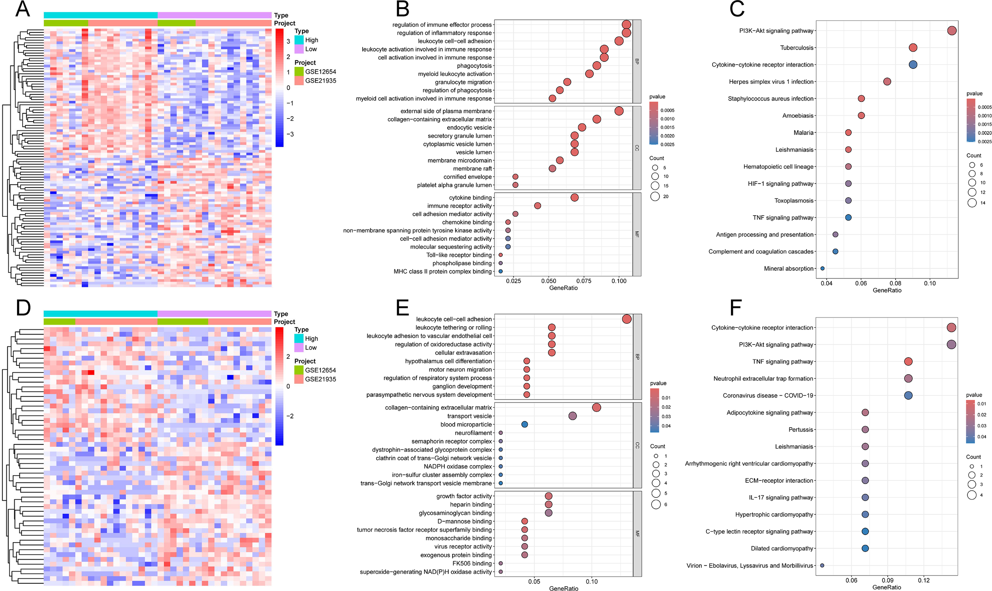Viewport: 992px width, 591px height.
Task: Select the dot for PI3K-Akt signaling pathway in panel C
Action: click(x=952, y=31)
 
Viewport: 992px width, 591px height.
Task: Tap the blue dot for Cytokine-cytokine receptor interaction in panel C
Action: click(x=913, y=65)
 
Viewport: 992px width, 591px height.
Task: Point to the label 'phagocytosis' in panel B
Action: click(x=474, y=66)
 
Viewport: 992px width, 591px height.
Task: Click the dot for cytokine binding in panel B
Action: click(x=574, y=197)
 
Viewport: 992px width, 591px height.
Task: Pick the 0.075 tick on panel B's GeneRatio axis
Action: click(x=584, y=281)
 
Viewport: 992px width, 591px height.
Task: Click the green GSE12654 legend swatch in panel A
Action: click(x=299, y=72)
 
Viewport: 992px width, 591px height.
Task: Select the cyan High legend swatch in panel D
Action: click(x=299, y=339)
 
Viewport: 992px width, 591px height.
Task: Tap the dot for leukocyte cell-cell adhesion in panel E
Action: click(x=627, y=319)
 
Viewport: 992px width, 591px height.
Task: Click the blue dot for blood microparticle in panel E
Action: click(x=525, y=425)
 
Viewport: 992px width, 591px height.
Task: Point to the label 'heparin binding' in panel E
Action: click(x=471, y=505)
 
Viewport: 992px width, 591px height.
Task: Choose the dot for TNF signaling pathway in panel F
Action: click(x=908, y=361)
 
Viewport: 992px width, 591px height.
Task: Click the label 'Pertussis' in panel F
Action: click(x=801, y=430)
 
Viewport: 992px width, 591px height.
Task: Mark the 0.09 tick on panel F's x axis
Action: click(x=888, y=580)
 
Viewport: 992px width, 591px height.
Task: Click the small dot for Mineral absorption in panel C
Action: click(x=823, y=268)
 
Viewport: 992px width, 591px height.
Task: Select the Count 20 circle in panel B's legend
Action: click(x=655, y=196)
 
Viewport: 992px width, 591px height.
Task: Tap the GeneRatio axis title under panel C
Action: click(x=887, y=290)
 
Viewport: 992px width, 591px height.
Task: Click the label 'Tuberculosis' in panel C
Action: click(x=796, y=48)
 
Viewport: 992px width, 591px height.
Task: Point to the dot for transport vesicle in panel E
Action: click(x=572, y=416)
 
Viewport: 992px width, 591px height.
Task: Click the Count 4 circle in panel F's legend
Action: click(x=972, y=495)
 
